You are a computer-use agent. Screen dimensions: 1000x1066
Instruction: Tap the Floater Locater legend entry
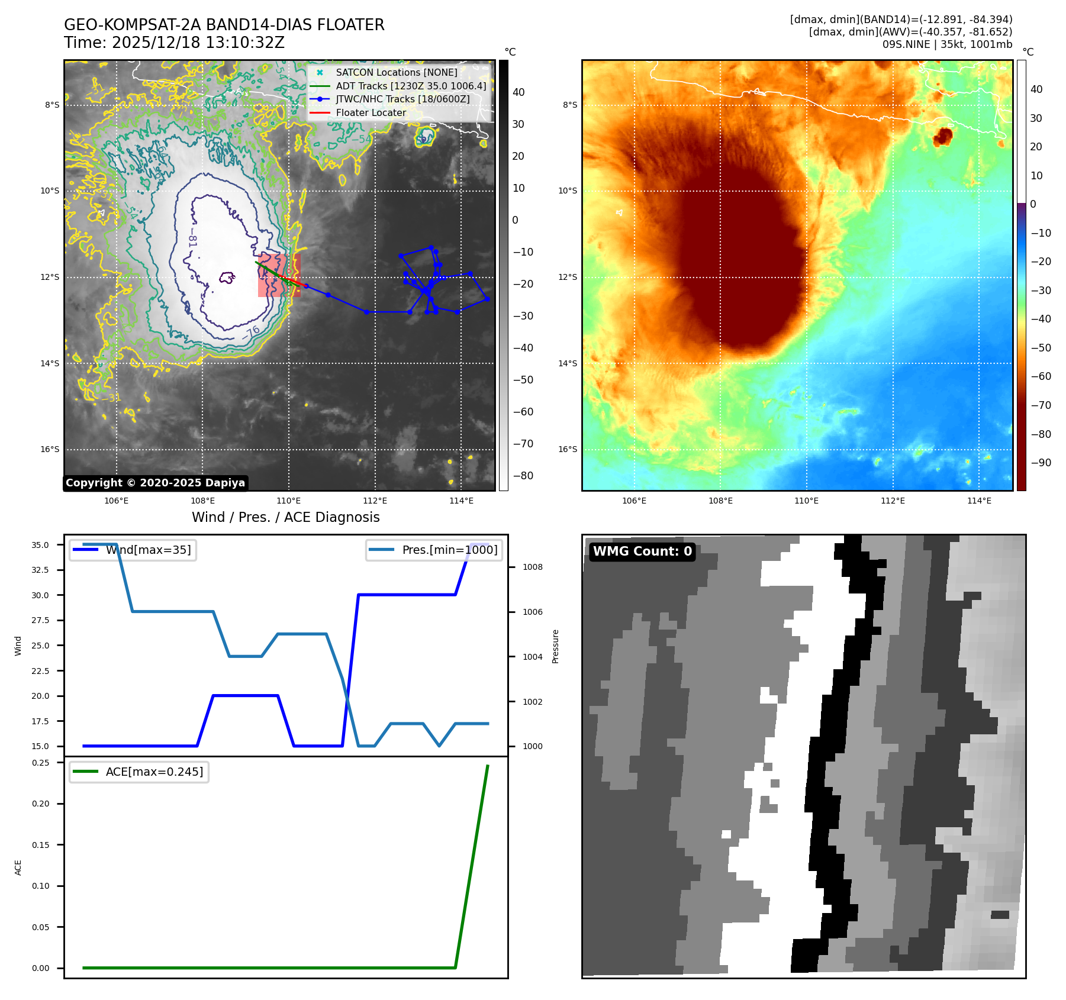[x=371, y=112]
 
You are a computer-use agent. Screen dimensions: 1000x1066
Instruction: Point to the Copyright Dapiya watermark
[x=155, y=483]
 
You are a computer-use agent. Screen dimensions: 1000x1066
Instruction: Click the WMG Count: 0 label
[x=642, y=551]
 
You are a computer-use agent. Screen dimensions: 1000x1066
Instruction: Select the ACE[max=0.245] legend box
[x=140, y=772]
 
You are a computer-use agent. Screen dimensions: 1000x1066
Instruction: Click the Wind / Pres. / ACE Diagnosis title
[x=285, y=517]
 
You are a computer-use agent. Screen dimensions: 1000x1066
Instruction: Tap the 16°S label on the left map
[x=50, y=449]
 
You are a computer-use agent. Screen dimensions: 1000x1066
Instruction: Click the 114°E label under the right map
[x=979, y=501]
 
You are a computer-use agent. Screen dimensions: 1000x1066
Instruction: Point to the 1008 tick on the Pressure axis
[x=532, y=567]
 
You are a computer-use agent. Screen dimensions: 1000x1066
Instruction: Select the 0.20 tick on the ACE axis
[x=41, y=804]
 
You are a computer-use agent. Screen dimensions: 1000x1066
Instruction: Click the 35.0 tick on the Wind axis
[x=40, y=545]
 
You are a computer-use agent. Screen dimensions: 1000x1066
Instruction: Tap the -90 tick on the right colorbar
[x=1041, y=463]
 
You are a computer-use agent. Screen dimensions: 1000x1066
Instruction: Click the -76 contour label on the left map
[x=252, y=332]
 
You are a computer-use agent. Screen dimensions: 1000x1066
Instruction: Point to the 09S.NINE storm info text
[x=947, y=44]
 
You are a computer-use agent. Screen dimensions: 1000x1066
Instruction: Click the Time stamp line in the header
[x=174, y=43]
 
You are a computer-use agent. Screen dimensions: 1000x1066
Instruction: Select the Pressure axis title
[x=555, y=646]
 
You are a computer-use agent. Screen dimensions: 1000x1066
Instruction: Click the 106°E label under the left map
[x=116, y=501]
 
